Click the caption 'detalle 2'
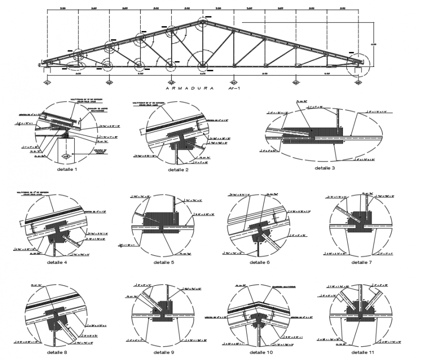179,170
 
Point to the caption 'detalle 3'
325,168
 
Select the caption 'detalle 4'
57,262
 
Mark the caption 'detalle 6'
260,262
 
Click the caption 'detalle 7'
361,262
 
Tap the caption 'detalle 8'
57,352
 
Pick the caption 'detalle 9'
164,352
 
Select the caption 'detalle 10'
261,352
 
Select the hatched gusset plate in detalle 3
310,136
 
